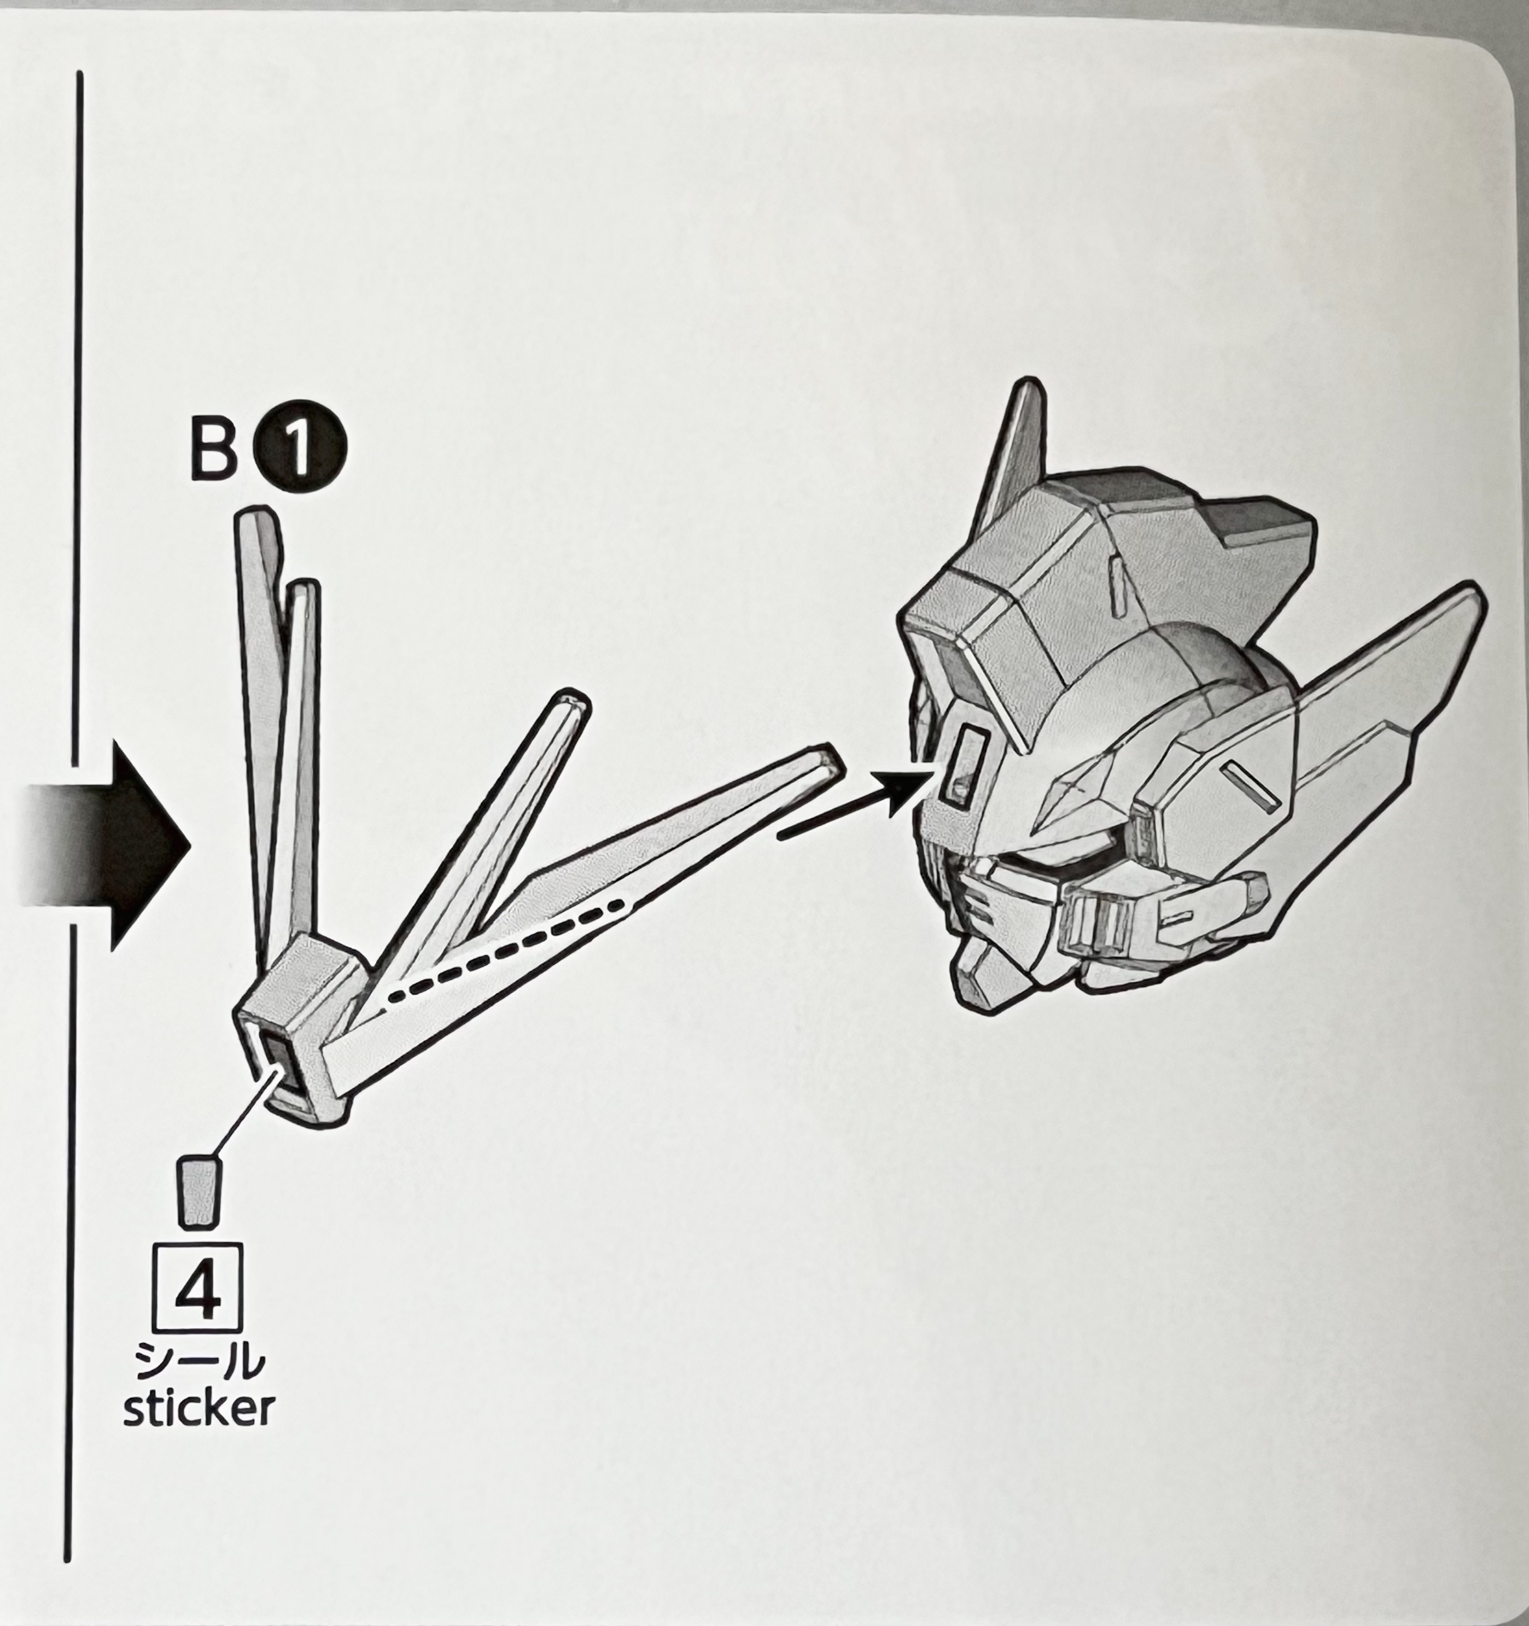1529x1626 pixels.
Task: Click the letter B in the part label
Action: [x=214, y=448]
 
